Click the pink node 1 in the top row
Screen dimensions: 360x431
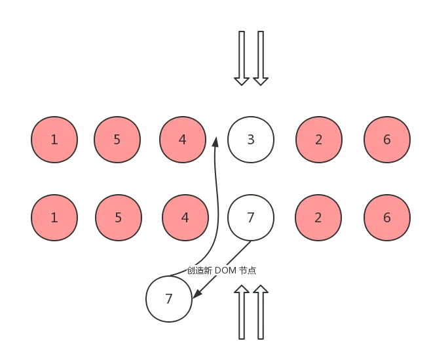point(54,140)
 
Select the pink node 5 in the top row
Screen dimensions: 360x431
point(117,140)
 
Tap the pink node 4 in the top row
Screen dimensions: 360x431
point(182,140)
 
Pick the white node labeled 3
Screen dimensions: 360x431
point(251,140)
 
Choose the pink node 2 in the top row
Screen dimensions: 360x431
point(318,140)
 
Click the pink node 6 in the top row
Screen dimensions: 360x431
point(387,140)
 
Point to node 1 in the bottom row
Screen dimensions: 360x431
point(54,218)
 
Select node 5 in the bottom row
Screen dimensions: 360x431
point(118,218)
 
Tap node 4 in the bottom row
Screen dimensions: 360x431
point(185,218)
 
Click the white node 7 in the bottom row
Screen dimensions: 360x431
point(250,218)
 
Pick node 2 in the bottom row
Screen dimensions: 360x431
point(318,218)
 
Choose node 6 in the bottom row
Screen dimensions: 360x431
point(387,218)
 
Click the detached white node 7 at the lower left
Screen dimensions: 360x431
point(169,299)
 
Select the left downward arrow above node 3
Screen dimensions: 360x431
point(242,58)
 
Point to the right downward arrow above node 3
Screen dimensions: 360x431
point(261,58)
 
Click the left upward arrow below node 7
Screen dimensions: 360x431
point(242,312)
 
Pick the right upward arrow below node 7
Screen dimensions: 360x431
point(261,312)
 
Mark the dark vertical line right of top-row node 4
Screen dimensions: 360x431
point(217,190)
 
